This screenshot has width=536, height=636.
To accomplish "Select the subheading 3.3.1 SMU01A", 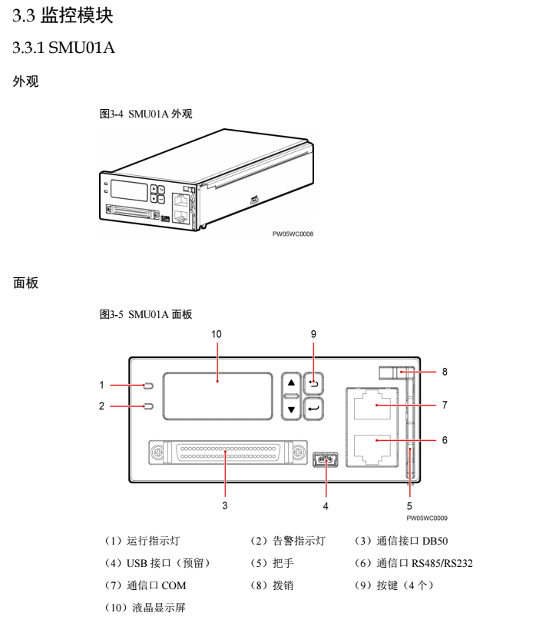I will tap(62, 48).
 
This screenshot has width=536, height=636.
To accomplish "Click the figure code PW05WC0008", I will tap(293, 235).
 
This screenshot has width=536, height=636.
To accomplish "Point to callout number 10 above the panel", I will tap(216, 335).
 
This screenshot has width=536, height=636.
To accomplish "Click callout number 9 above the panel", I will tap(313, 335).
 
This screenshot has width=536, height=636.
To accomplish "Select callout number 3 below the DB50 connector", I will tap(224, 505).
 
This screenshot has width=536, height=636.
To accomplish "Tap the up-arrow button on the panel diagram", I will tap(290, 383).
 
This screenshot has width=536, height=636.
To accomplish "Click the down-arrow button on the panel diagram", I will tap(290, 409).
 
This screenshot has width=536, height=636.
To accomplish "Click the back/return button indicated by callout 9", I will tap(313, 383).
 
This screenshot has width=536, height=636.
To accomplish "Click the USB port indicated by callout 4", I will tap(326, 461).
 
